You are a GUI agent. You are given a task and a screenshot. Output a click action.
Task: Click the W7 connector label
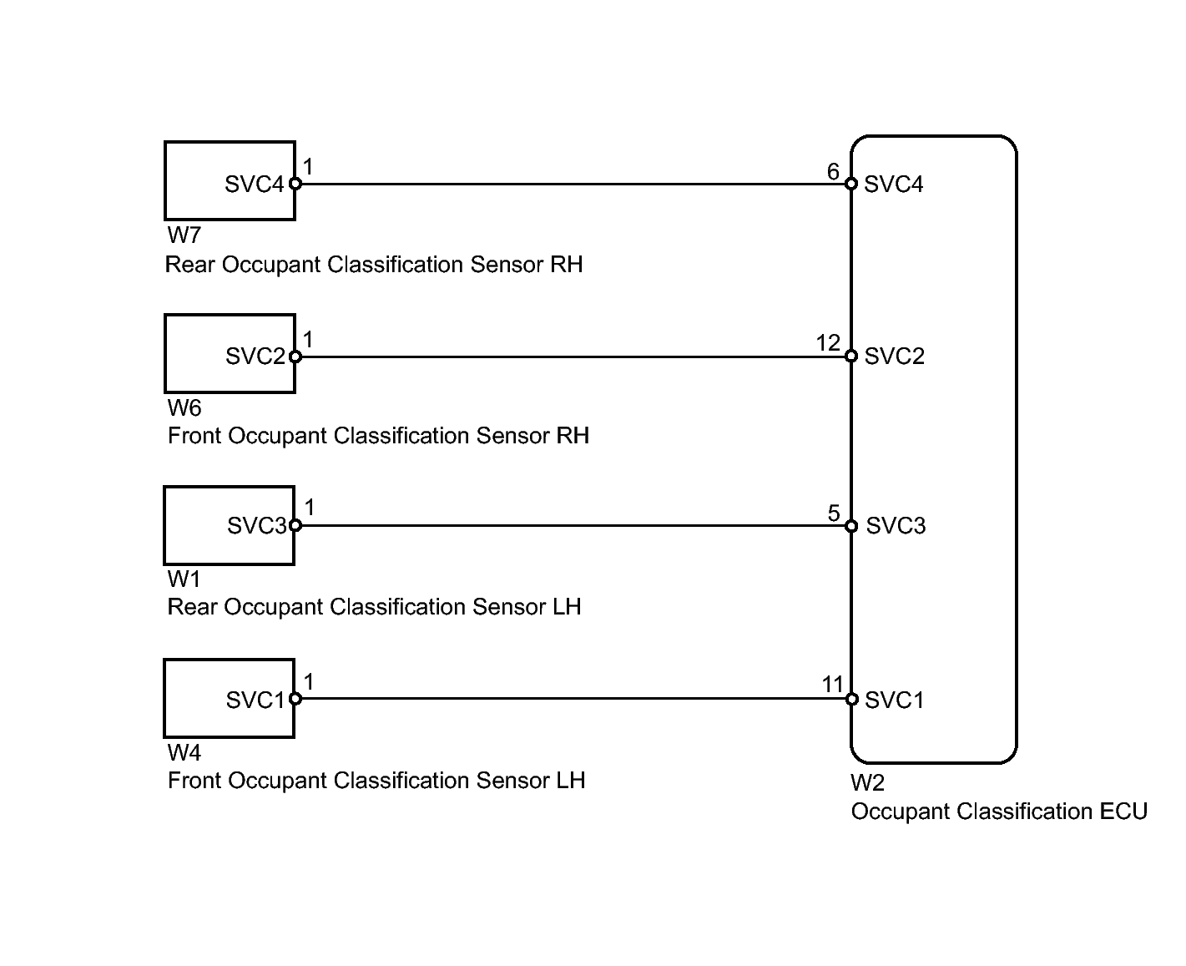click(184, 236)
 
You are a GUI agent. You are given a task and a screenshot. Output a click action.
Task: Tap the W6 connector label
click(184, 408)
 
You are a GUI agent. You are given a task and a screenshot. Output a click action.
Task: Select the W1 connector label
click(184, 579)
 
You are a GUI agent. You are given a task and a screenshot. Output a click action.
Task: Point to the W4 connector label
click(184, 753)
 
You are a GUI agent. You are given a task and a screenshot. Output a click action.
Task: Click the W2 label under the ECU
click(867, 783)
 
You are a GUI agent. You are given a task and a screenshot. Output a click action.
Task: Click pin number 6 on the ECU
click(833, 172)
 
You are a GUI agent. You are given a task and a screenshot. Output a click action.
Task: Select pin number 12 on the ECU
click(828, 343)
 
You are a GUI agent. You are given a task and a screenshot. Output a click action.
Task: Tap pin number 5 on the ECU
click(834, 513)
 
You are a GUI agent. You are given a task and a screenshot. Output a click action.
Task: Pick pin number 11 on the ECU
click(832, 685)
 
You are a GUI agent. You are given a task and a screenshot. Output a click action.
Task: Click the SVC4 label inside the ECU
click(894, 185)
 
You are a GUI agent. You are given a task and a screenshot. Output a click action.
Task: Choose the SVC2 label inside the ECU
click(895, 357)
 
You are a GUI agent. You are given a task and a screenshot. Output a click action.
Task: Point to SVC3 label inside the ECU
click(896, 526)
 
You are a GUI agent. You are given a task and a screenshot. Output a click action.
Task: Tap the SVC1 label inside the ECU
click(895, 700)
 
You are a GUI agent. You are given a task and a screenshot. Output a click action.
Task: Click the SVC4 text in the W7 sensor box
click(255, 185)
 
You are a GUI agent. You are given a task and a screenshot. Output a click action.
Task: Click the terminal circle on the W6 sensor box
click(295, 357)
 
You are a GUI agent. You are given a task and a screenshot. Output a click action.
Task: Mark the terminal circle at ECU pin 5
click(851, 526)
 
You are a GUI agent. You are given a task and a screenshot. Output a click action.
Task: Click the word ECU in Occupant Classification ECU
click(1124, 812)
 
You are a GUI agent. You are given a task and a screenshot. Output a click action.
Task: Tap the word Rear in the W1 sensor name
click(193, 607)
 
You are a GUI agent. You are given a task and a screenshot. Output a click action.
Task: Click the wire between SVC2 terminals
click(573, 357)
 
